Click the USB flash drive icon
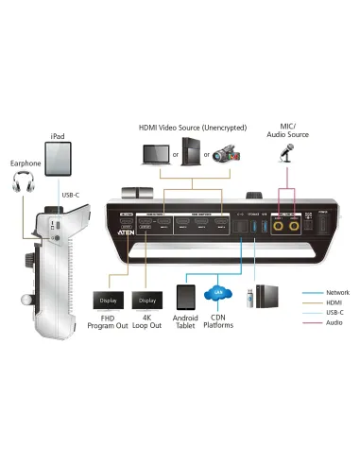pyautogui.click(x=250, y=298)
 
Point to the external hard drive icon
pyautogui.click(x=269, y=294)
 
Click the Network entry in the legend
pyautogui.click(x=334, y=292)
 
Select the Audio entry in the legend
pyautogui.click(x=332, y=324)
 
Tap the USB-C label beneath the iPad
pyautogui.click(x=71, y=196)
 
